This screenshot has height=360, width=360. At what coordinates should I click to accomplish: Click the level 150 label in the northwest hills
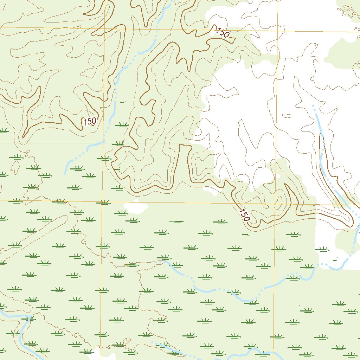90,122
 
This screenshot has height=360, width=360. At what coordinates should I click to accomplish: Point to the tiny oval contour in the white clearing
287,116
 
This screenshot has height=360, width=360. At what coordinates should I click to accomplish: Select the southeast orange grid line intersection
275,204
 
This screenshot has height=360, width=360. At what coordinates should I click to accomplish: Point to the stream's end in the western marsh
65,173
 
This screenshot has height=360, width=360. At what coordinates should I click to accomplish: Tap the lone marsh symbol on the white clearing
322,249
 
